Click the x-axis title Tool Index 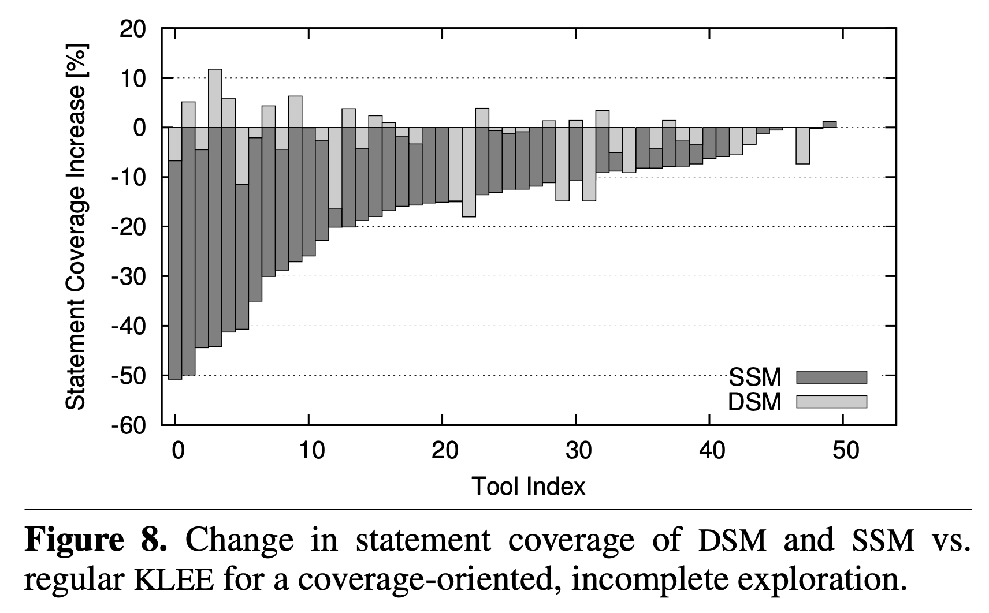[529, 486]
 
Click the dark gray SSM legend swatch [831, 377]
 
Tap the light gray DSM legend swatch [831, 402]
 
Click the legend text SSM [754, 377]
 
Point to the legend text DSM [754, 402]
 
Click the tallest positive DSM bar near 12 [215, 98]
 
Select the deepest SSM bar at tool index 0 [175, 254]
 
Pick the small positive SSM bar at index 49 [830, 124]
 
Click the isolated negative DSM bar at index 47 [802, 145]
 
